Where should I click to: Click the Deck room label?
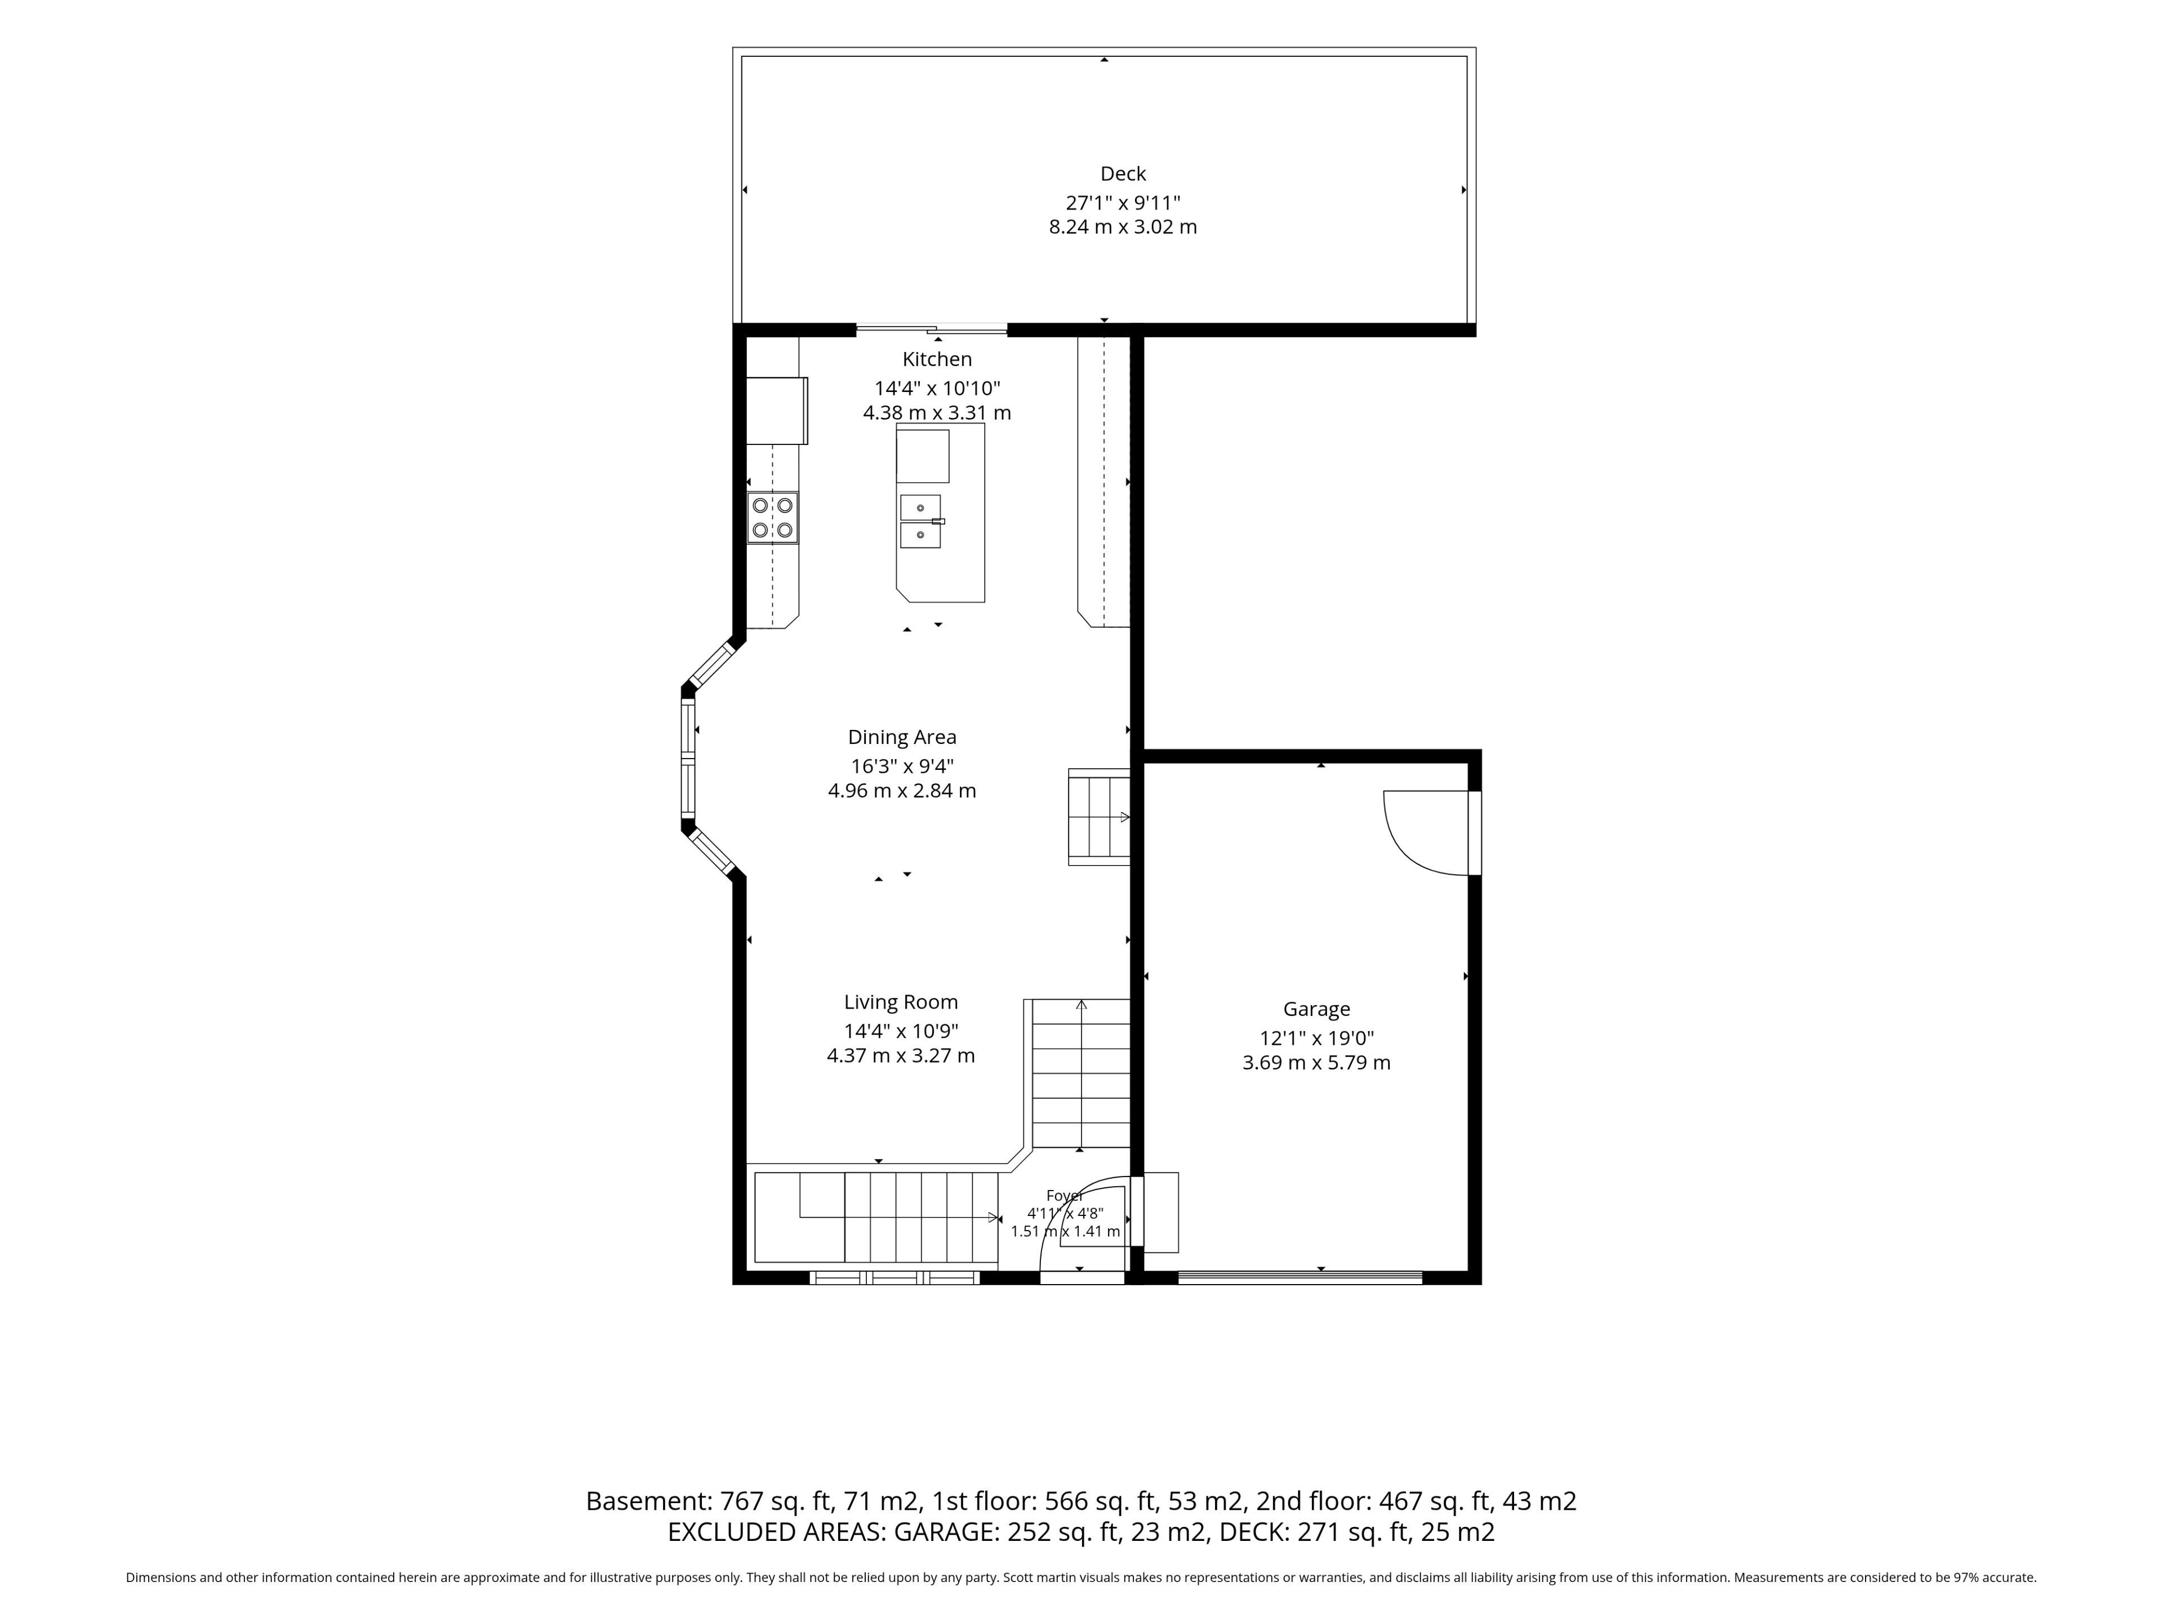pos(1123,174)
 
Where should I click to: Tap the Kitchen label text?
pos(937,360)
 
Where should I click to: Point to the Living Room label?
pos(901,1002)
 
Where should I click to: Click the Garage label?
pos(1316,1010)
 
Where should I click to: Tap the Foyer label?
pos(1064,1196)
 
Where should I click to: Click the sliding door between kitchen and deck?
pos(932,329)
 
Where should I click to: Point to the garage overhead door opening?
pos(1299,1277)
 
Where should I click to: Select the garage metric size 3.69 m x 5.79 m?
pos(1316,1063)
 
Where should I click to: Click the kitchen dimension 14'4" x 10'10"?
pos(937,388)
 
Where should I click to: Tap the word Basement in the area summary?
pos(648,1501)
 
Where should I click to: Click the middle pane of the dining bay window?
pos(688,760)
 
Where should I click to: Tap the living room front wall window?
pos(894,1277)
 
